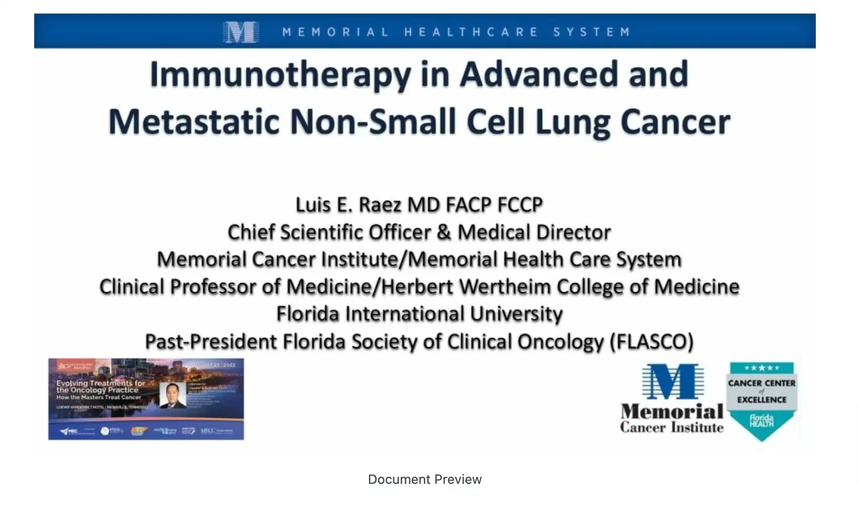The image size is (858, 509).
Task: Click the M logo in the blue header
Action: [240, 32]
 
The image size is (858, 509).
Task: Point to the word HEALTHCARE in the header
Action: [471, 32]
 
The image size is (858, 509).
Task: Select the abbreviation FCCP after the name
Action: [520, 205]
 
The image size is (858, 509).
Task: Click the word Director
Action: [573, 232]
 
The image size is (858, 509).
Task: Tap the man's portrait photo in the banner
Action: [173, 396]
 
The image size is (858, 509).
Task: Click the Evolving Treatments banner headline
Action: [101, 386]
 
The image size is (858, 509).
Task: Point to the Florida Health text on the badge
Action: [761, 421]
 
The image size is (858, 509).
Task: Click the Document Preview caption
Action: [425, 479]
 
